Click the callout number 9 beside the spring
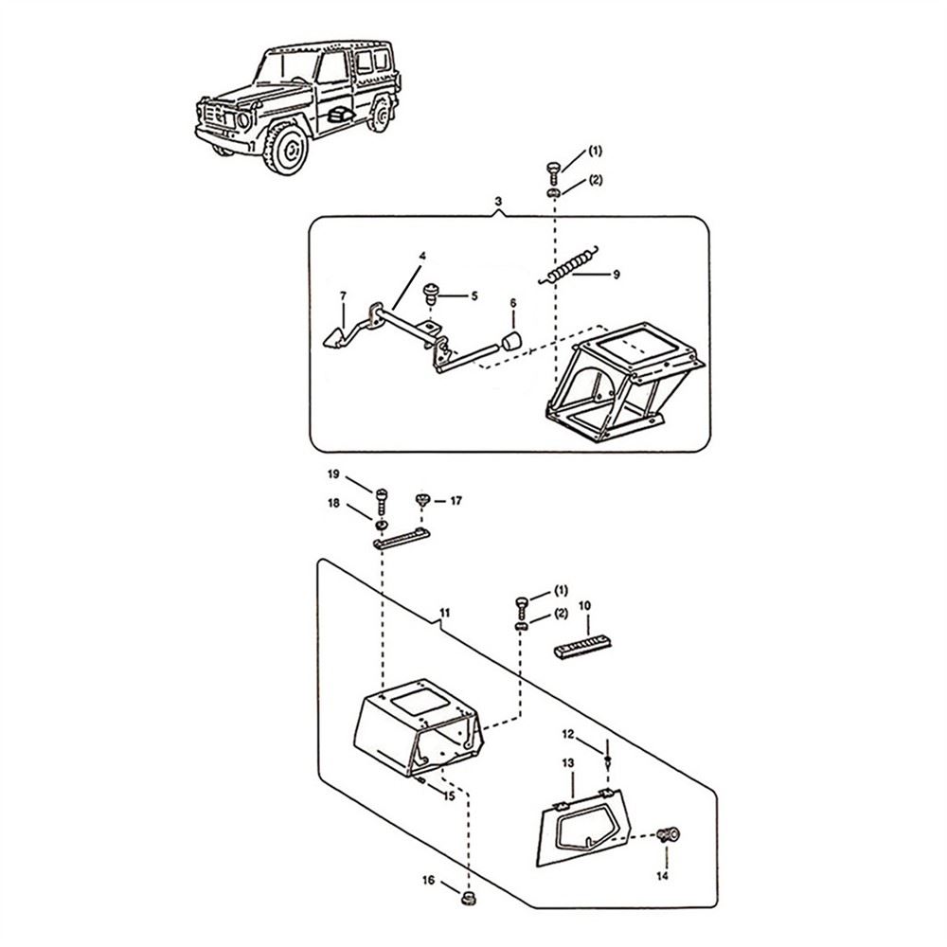click(x=616, y=275)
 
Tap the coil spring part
click(x=574, y=264)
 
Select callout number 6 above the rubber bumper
click(x=512, y=304)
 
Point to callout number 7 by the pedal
click(x=343, y=297)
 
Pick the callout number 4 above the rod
click(x=423, y=257)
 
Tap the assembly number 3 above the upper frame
click(x=498, y=203)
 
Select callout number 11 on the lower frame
click(x=445, y=615)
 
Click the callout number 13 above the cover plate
click(x=568, y=762)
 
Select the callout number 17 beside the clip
click(x=456, y=500)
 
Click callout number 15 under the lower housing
click(x=449, y=796)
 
